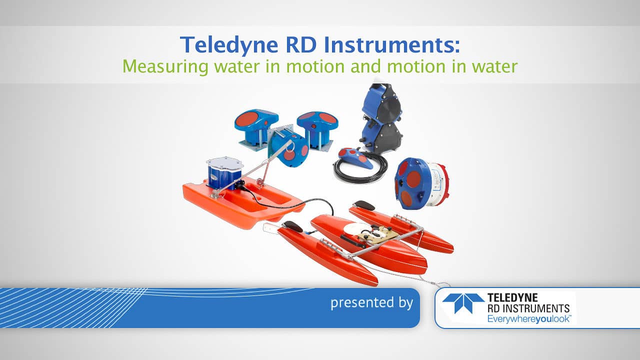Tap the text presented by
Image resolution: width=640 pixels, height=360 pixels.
[x=371, y=302]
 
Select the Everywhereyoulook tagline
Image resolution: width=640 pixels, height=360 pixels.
[x=529, y=319]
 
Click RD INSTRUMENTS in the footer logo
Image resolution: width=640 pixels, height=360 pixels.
[x=528, y=308]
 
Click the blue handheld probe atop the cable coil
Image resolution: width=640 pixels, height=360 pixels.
[x=355, y=157]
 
